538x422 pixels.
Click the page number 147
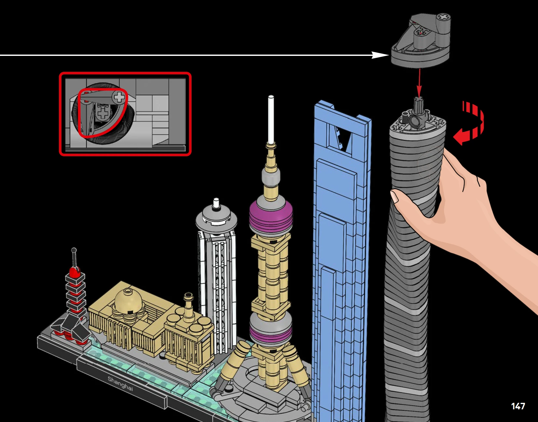[x=518, y=406]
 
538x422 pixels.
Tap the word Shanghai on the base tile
[x=120, y=383]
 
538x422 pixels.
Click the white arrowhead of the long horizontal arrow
[x=380, y=55]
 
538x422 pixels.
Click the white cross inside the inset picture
[x=120, y=97]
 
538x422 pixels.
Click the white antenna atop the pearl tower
[x=271, y=120]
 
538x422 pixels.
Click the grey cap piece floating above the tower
[x=421, y=41]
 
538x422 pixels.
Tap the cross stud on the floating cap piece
[x=444, y=17]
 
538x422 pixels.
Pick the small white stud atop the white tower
[x=216, y=203]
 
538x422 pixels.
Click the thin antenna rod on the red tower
[x=74, y=258]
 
